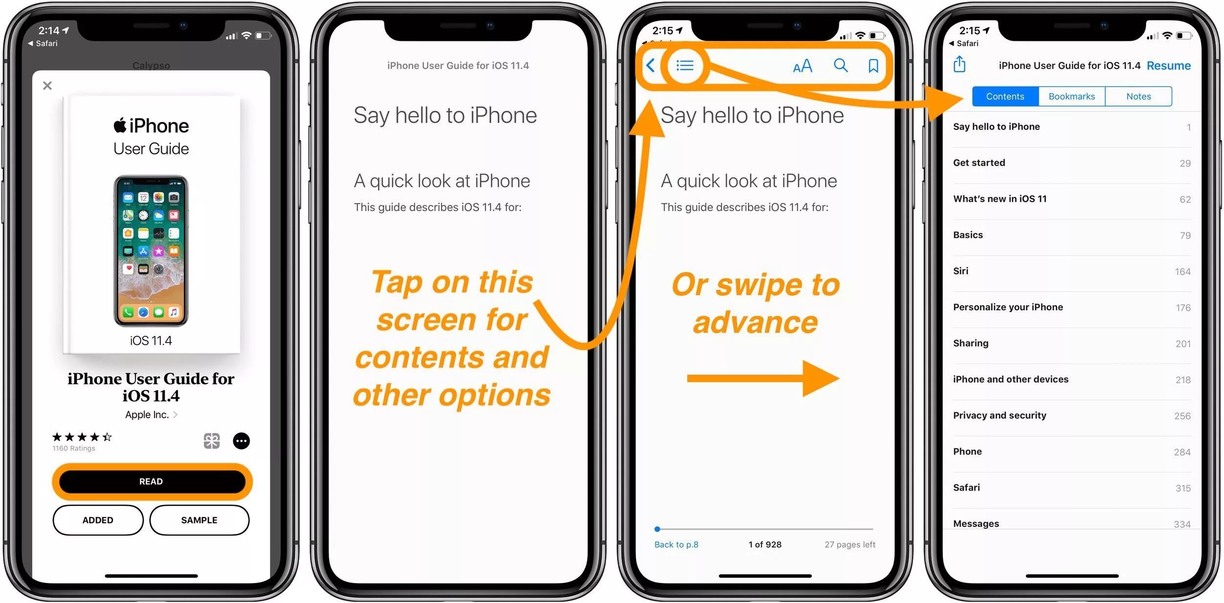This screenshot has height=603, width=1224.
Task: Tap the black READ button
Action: (152, 481)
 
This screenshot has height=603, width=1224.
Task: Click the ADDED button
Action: (98, 520)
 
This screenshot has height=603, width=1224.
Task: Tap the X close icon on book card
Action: (47, 86)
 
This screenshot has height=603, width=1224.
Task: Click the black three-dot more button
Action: (241, 441)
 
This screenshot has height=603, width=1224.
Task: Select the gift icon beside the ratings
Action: (212, 441)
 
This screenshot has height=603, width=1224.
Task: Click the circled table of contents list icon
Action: (685, 65)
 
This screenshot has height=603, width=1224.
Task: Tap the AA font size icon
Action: (802, 66)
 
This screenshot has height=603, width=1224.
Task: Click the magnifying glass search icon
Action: (840, 65)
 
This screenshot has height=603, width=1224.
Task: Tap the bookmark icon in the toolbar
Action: (873, 65)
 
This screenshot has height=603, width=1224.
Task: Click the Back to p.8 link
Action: (676, 544)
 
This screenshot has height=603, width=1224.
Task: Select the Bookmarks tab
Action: (1071, 96)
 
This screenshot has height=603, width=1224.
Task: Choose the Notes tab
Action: (1138, 96)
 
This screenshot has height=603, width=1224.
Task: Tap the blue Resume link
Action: (1168, 65)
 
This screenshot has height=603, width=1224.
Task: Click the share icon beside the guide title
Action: (959, 64)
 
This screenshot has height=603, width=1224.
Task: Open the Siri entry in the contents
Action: (961, 271)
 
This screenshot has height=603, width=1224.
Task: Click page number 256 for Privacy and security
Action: (1182, 416)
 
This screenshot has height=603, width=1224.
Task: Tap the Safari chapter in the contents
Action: (966, 487)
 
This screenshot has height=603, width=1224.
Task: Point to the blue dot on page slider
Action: (657, 529)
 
